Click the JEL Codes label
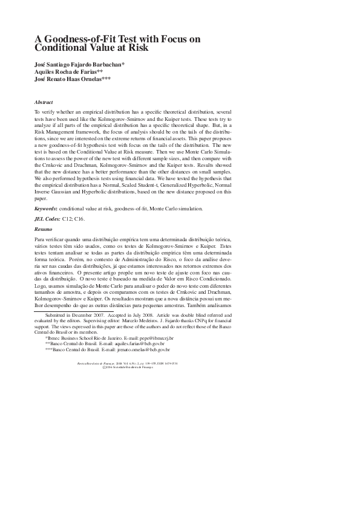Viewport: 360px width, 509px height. tap(47, 219)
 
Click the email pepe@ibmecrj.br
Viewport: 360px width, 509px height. tap(157, 338)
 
